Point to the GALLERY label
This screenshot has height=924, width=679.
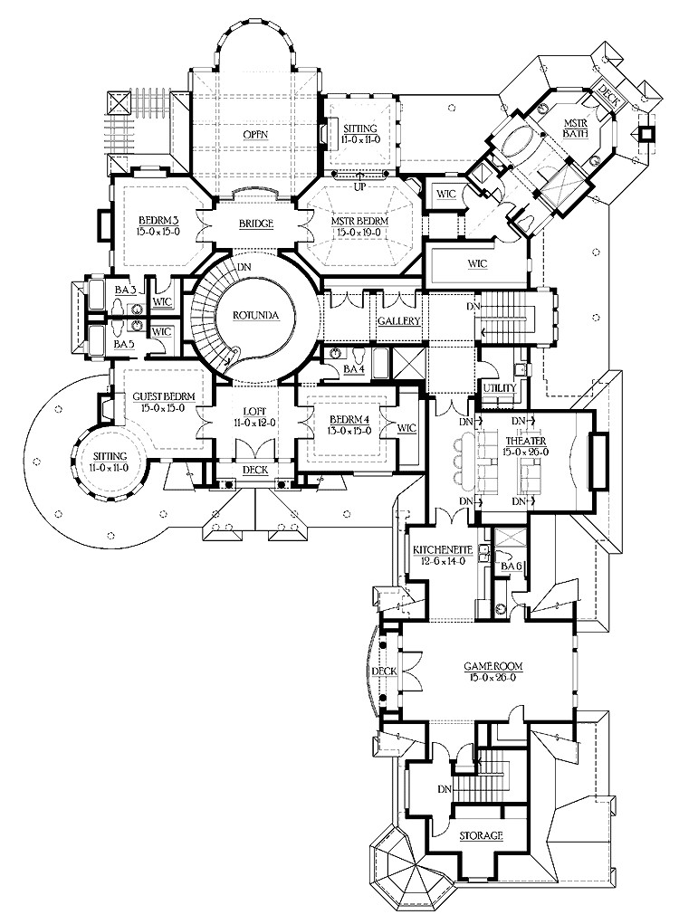pos(396,320)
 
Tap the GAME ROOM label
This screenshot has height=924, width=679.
pos(493,665)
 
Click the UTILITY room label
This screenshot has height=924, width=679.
pos(499,387)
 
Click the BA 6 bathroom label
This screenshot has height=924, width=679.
pos(511,567)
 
